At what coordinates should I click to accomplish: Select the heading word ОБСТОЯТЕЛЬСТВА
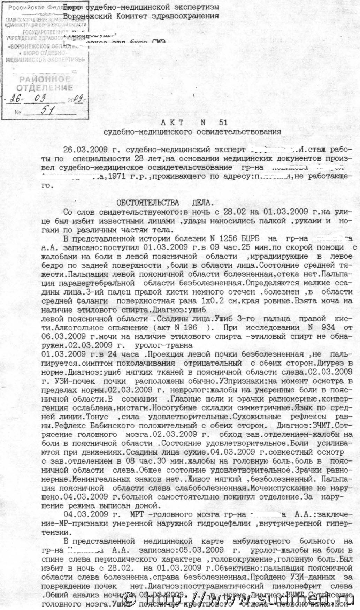(147, 203)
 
